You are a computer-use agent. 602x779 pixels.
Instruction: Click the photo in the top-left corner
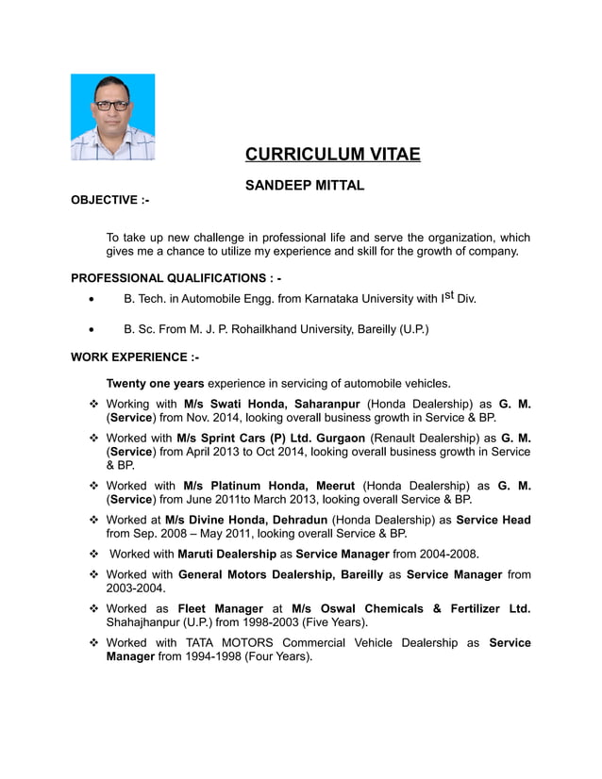point(112,117)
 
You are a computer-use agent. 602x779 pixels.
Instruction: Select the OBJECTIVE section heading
point(110,200)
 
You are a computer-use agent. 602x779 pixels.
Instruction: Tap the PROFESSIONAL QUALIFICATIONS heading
point(176,278)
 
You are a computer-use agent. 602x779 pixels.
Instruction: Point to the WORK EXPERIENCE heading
point(135,357)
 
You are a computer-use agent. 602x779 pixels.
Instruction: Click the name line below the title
point(304,186)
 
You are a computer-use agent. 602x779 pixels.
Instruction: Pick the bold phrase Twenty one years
point(155,383)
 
